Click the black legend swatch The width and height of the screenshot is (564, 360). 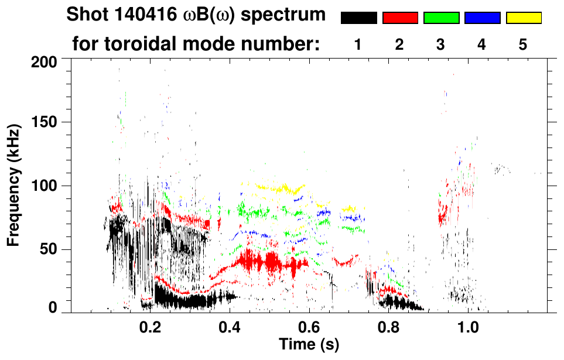point(358,18)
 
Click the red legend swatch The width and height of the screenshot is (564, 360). point(400,18)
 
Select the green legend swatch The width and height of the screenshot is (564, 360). point(441,18)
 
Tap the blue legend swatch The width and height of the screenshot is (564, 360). point(482,18)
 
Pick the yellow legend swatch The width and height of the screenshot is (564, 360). point(523,18)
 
